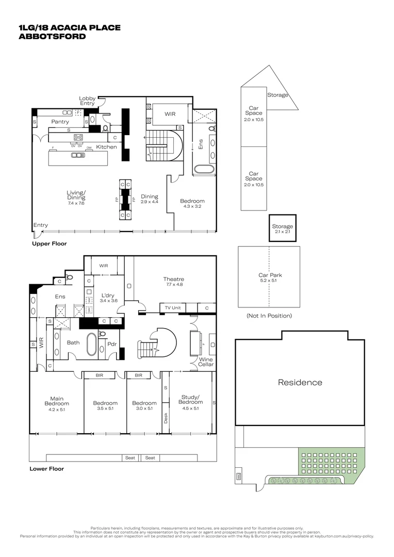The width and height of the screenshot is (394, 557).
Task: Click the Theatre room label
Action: [x=173, y=279]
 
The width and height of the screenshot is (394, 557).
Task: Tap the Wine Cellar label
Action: [x=206, y=362]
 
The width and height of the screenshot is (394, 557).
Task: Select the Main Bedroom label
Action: [x=56, y=401]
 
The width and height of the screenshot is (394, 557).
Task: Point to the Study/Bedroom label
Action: [x=191, y=399]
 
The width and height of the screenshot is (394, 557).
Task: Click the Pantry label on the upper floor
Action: [x=60, y=122]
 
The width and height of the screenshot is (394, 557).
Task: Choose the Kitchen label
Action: [x=107, y=147]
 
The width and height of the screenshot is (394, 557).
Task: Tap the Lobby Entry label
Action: [x=87, y=101]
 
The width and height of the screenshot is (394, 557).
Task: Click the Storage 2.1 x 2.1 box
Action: [x=282, y=229]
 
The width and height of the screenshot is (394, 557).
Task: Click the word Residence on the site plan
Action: [x=300, y=382]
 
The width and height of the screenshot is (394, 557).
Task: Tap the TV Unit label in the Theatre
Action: [x=172, y=308]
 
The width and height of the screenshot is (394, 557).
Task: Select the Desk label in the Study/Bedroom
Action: [x=166, y=418]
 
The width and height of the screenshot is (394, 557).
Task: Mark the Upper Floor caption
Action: [x=49, y=243]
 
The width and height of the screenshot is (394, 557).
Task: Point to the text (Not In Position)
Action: [x=269, y=316]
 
